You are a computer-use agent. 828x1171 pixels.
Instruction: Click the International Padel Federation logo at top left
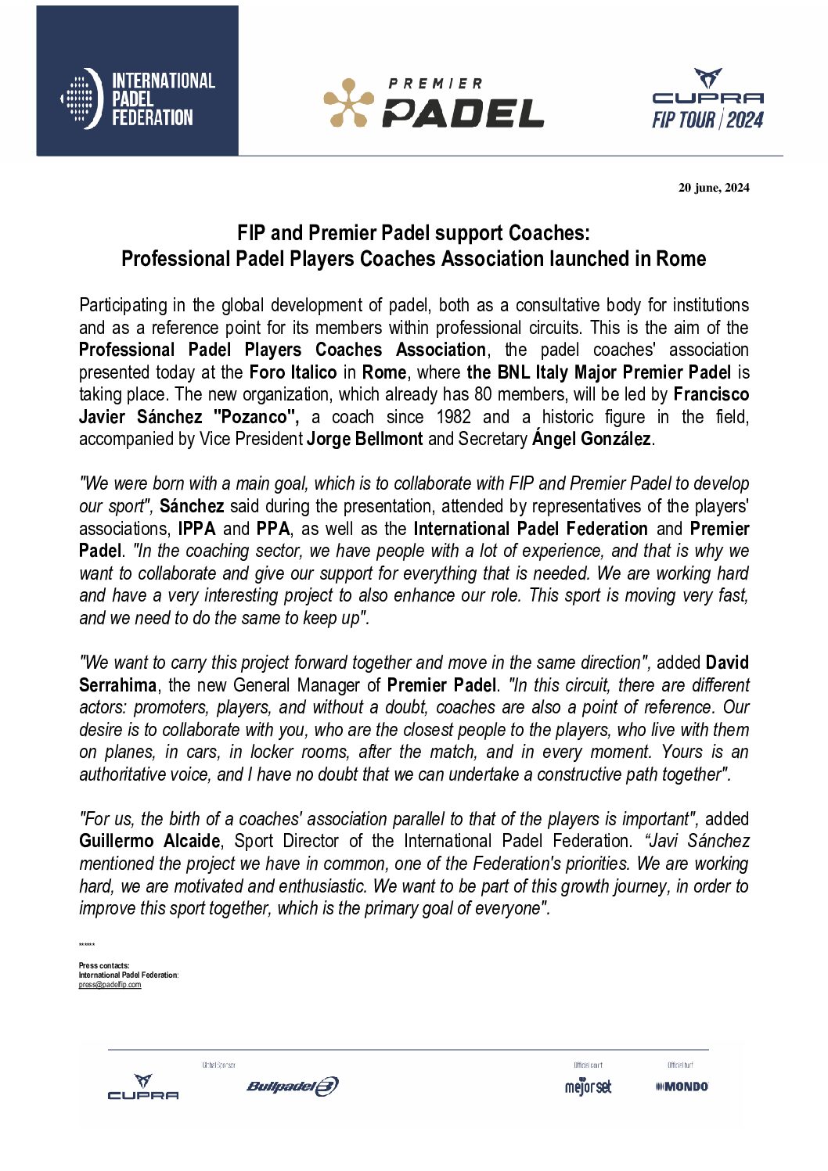[x=138, y=99]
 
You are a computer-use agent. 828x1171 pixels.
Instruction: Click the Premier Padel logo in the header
[x=434, y=102]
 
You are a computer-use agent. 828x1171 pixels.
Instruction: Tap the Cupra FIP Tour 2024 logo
[x=707, y=99]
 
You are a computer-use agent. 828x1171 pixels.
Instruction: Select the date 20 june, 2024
[x=713, y=188]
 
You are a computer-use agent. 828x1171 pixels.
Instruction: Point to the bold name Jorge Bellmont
[x=365, y=439]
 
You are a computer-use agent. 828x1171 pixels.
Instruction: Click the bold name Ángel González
[x=591, y=439]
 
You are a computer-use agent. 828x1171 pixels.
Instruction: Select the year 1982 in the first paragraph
[x=453, y=417]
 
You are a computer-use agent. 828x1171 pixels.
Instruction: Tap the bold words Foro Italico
[x=293, y=372]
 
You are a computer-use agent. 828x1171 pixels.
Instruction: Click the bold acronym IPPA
[x=196, y=529]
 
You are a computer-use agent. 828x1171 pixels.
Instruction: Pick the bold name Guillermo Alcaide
[x=149, y=841]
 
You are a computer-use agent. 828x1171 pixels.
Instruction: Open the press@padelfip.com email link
[x=110, y=985]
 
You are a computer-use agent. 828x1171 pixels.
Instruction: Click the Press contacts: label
[x=104, y=966]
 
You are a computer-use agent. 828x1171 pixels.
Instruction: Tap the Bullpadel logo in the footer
[x=292, y=1086]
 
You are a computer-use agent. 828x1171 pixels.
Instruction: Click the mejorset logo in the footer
[x=588, y=1087]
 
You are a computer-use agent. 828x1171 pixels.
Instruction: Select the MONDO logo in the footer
[x=682, y=1087]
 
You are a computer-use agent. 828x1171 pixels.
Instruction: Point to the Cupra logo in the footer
[x=142, y=1087]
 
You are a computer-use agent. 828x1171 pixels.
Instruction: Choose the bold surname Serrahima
[x=118, y=685]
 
